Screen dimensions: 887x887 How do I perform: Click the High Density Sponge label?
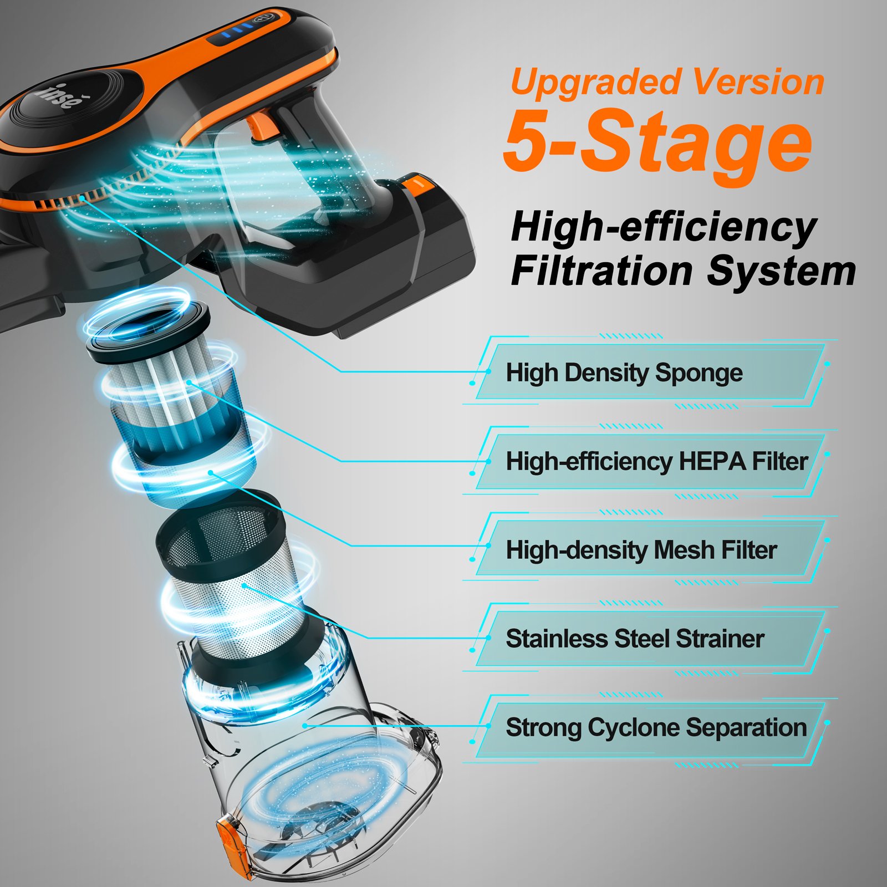(624, 373)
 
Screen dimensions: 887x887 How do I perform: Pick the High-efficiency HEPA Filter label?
(657, 461)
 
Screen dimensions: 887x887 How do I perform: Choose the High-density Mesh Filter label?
(641, 550)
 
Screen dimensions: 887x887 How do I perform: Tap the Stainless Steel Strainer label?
(635, 639)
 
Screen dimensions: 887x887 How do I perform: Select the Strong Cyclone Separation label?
(656, 727)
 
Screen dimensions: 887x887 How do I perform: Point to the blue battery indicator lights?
(232, 31)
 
